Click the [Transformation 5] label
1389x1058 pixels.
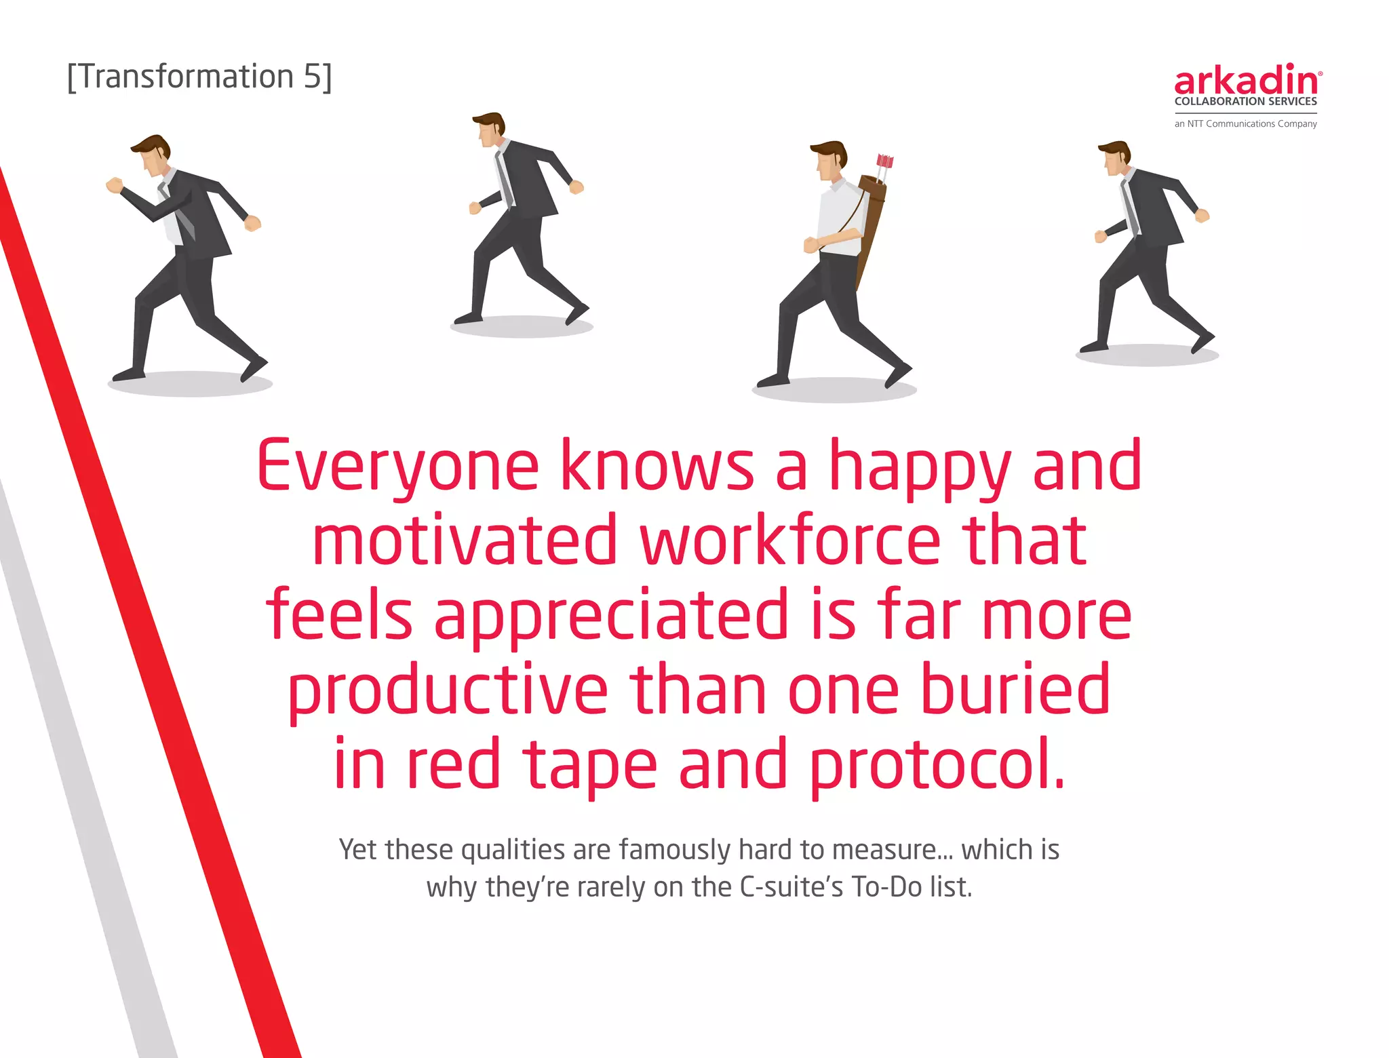[x=199, y=77]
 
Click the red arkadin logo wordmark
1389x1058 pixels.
[x=1247, y=81]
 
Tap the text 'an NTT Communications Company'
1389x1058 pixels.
[x=1245, y=124]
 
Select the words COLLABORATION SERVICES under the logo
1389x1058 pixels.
[x=1245, y=102]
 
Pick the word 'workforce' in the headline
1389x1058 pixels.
[x=790, y=541]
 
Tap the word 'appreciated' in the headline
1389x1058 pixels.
[x=611, y=615]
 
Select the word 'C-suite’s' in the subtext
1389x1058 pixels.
[x=791, y=887]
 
